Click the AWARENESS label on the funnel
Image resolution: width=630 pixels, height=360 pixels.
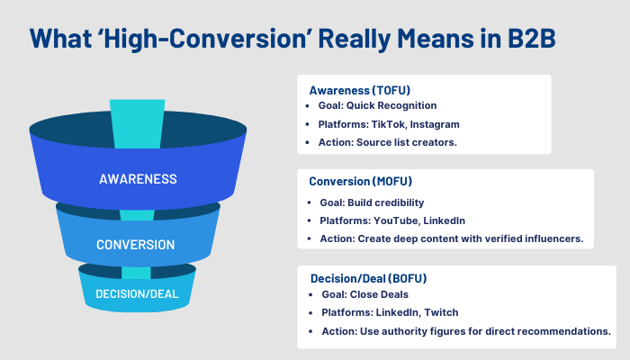point(138,178)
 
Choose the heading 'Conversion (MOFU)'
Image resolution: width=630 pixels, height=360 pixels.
point(358,179)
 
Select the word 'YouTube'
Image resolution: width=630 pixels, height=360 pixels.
point(400,220)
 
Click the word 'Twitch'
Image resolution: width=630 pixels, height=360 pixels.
point(442,313)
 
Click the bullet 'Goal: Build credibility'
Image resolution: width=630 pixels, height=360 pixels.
point(372,202)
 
